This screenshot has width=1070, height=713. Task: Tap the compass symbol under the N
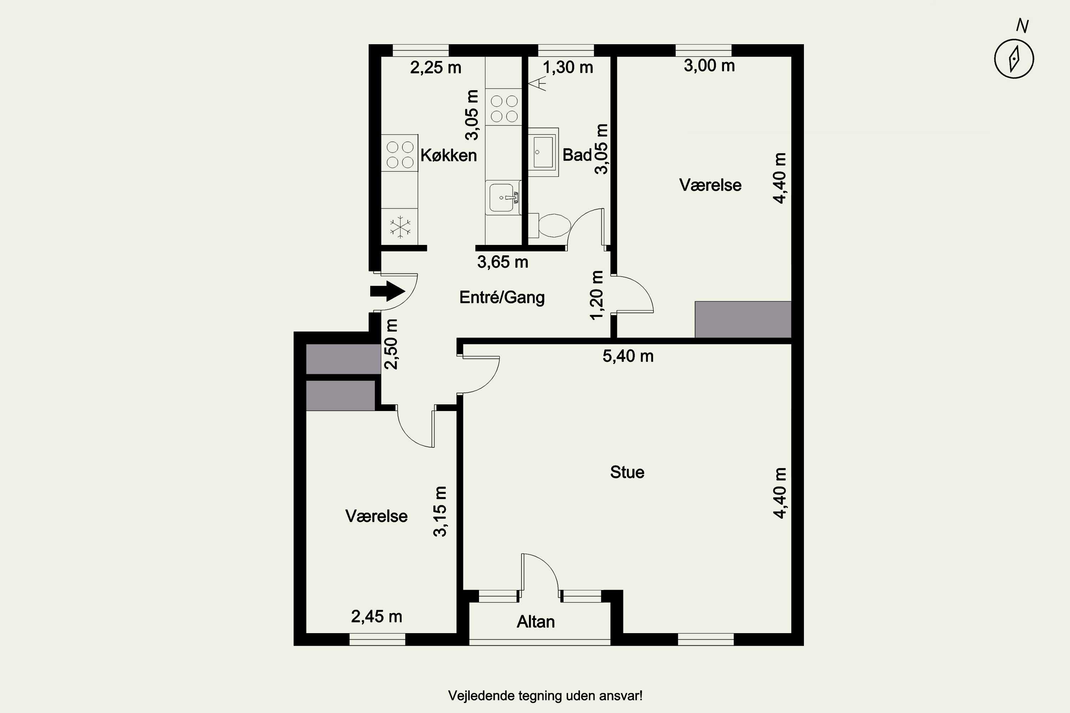coord(1014,59)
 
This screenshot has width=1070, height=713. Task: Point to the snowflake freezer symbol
coord(400,226)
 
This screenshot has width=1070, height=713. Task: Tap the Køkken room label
coord(449,155)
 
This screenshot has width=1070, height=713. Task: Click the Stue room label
coord(627,472)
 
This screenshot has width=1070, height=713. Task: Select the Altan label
coord(535,622)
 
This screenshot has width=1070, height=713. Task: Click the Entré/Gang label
coord(502,297)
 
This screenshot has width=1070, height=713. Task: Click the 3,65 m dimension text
coord(503,262)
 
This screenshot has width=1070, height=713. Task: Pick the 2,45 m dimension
coord(377,617)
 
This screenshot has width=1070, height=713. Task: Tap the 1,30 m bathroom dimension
coord(568,67)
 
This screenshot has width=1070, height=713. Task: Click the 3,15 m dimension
coord(440,512)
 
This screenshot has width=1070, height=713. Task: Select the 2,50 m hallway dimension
coord(391,344)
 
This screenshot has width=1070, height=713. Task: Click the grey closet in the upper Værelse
coord(743,319)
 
